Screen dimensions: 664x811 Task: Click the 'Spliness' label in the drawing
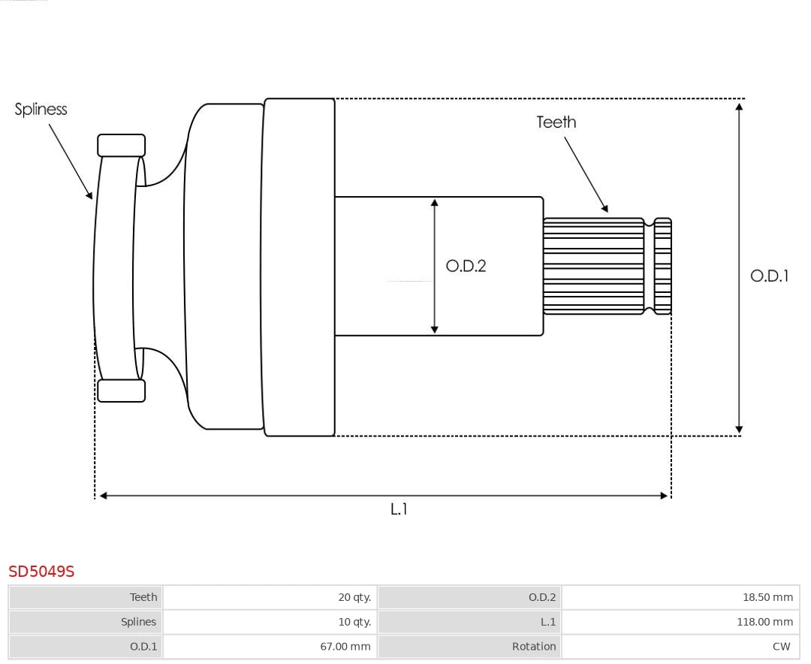[41, 110]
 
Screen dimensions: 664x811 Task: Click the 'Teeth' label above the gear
[556, 122]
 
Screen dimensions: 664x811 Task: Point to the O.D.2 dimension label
[466, 266]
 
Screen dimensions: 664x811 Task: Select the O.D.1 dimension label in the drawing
[769, 276]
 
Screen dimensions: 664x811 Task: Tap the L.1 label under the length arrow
[399, 509]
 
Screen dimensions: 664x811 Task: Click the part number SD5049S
[41, 572]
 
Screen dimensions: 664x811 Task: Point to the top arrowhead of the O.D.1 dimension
[740, 106]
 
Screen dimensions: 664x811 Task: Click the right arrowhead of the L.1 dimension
[664, 496]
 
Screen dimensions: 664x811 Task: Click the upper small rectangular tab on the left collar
[121, 146]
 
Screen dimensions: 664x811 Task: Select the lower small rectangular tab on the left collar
[121, 391]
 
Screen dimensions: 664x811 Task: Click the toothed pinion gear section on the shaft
[593, 266]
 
